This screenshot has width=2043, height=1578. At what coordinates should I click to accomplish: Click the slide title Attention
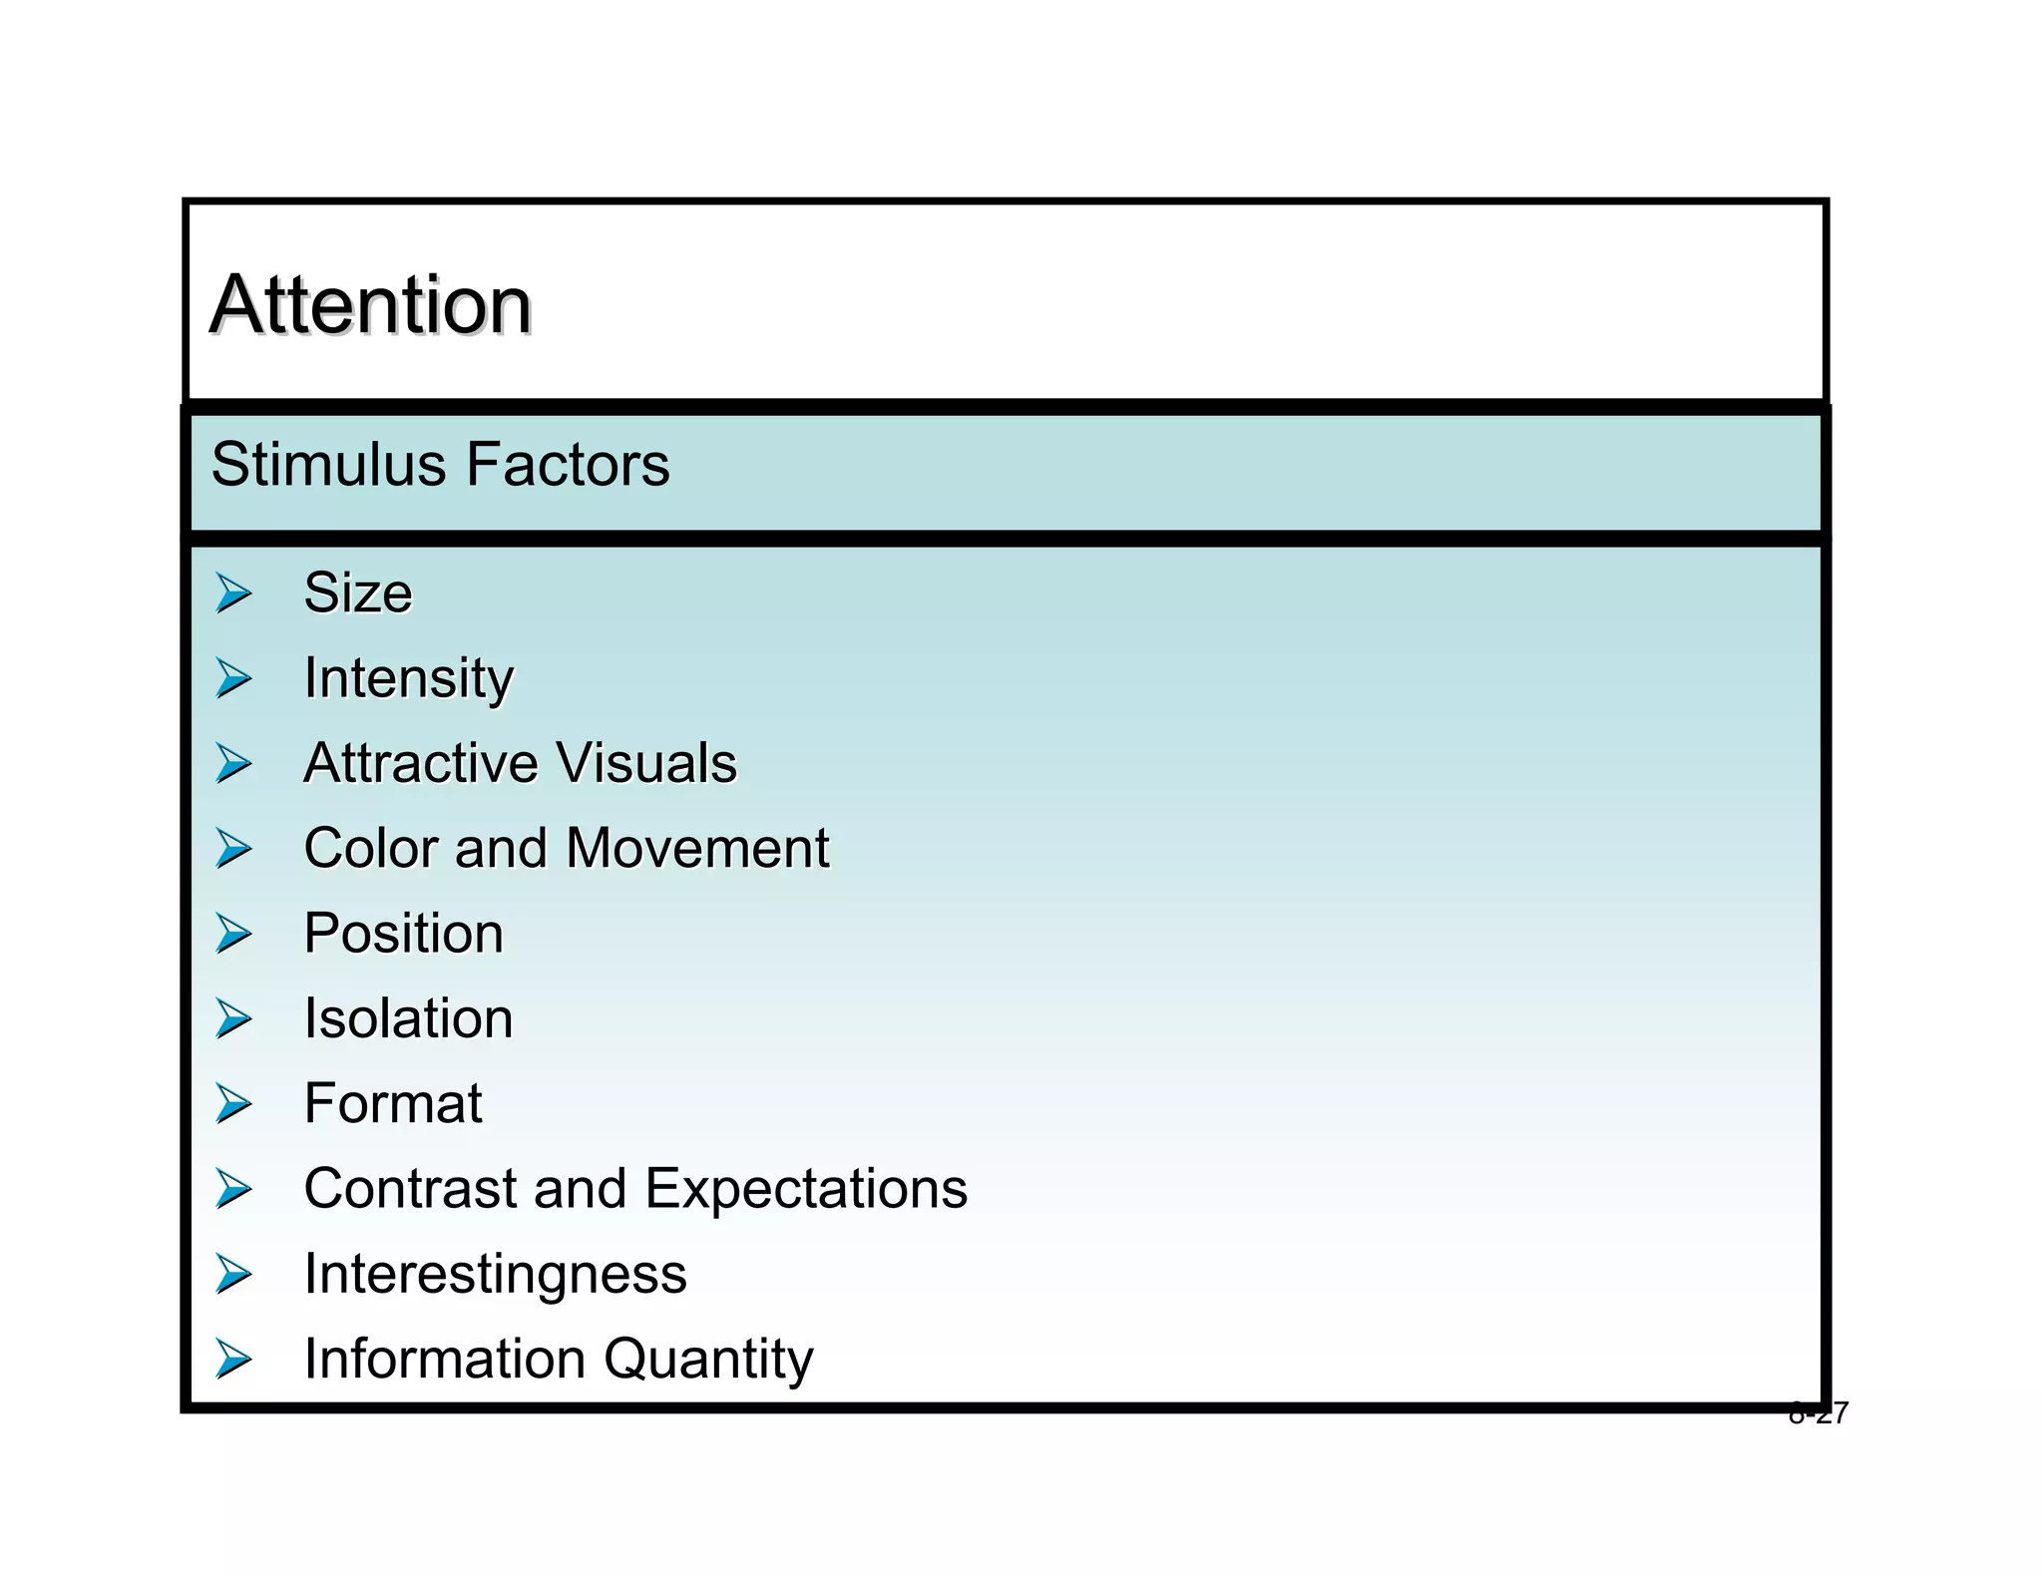(x=370, y=304)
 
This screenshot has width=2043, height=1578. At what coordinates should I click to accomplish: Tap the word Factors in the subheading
(x=569, y=465)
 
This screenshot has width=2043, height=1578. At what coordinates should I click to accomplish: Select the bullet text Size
(x=357, y=592)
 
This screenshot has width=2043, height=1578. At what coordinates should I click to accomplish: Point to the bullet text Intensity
(x=408, y=679)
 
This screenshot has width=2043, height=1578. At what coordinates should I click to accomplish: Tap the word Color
(x=370, y=848)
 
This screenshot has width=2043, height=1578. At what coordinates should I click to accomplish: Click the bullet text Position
(x=403, y=934)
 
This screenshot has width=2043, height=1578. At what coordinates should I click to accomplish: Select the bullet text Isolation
(x=408, y=1018)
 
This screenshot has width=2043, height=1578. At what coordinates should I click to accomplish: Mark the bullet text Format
(x=393, y=1103)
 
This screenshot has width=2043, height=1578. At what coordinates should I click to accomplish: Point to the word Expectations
(x=806, y=1189)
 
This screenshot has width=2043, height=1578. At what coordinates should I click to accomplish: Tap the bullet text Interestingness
(x=495, y=1274)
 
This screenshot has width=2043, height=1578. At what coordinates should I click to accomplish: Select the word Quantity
(x=708, y=1360)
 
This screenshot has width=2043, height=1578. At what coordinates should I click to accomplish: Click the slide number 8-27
(x=1818, y=1413)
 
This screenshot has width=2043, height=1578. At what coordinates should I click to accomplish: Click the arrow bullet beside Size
(x=233, y=593)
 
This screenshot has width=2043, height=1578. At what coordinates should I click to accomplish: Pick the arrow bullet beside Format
(x=233, y=1104)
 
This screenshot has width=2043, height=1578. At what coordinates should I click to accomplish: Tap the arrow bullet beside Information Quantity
(x=233, y=1360)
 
